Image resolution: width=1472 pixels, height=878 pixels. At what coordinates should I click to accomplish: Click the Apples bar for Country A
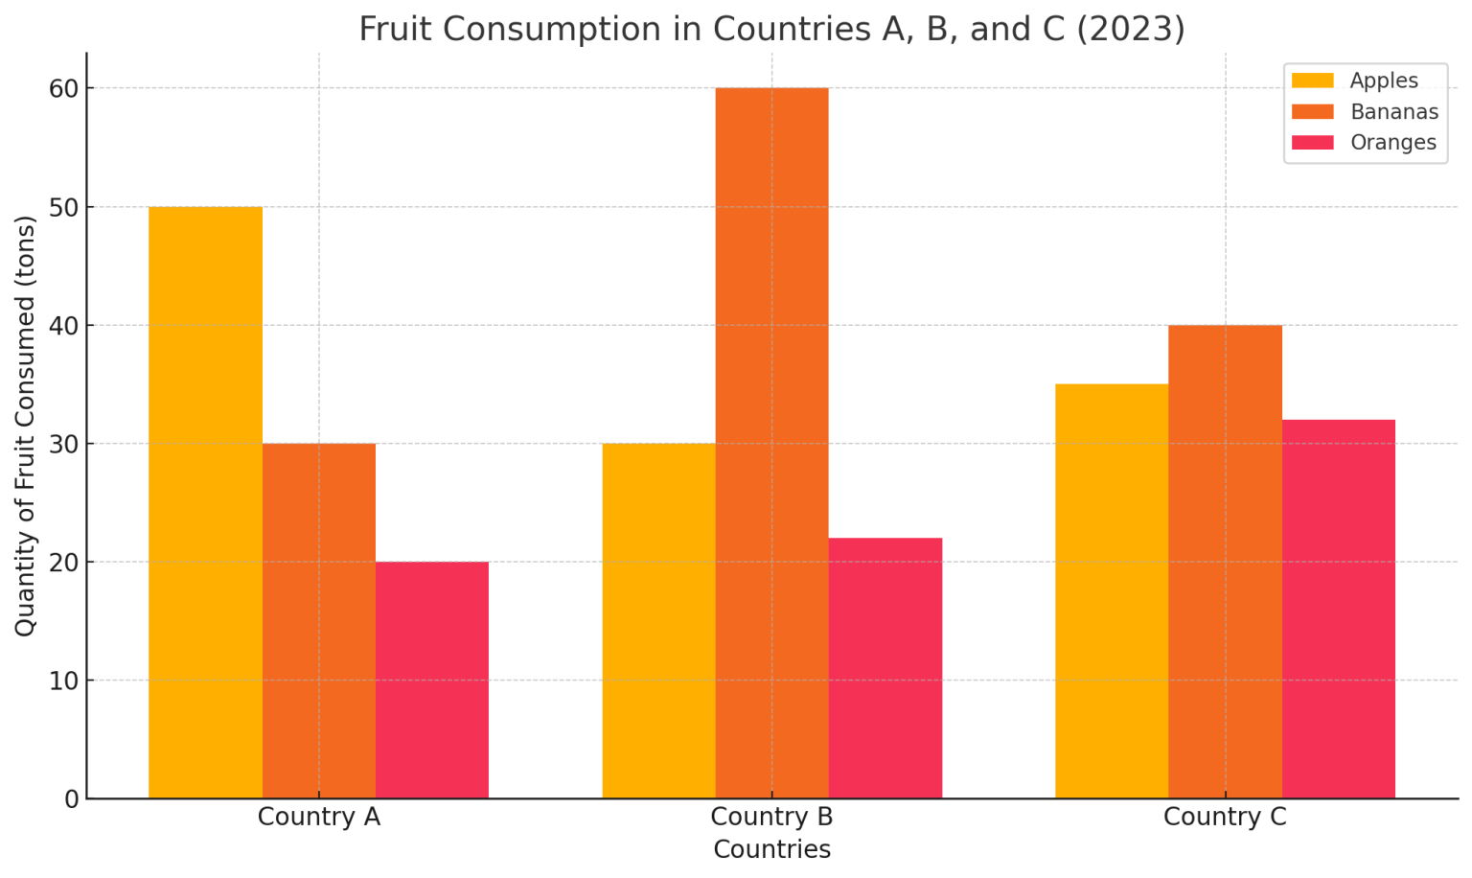coord(205,502)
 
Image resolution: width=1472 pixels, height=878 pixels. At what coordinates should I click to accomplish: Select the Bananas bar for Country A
coord(318,620)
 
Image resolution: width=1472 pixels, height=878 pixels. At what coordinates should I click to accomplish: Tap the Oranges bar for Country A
coord(431,680)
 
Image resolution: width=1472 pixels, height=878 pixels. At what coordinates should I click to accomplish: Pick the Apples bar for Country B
coord(658,620)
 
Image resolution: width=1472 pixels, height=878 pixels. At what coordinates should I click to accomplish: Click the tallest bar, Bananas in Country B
coord(771,443)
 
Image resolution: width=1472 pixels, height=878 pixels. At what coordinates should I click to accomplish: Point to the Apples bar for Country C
coord(1112,590)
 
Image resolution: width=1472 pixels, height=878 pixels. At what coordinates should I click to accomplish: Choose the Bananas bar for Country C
coord(1225,562)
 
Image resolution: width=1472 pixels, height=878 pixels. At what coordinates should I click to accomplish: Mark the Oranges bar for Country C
coord(1338,609)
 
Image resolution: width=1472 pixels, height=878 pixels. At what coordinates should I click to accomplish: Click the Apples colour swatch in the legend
coord(1312,81)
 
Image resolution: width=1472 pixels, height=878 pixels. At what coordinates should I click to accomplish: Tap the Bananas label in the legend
coord(1393,112)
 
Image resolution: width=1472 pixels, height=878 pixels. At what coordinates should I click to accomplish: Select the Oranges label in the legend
coord(1392,143)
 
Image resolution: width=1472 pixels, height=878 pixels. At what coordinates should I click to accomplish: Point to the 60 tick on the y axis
coord(63,88)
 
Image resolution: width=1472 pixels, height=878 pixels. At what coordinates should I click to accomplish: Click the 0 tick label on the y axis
coord(71,798)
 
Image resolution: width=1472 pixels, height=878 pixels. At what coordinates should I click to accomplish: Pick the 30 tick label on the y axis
coord(63,444)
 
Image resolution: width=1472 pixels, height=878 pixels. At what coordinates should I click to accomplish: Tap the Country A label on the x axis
coord(318,818)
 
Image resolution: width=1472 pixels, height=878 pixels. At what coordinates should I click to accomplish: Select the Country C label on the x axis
coord(1225,818)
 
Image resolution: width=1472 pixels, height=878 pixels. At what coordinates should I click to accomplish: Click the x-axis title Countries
coord(771,850)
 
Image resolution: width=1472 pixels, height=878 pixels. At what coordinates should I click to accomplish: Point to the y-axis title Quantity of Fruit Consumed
coord(25,426)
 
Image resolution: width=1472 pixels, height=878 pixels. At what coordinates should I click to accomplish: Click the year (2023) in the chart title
coord(1131,30)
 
